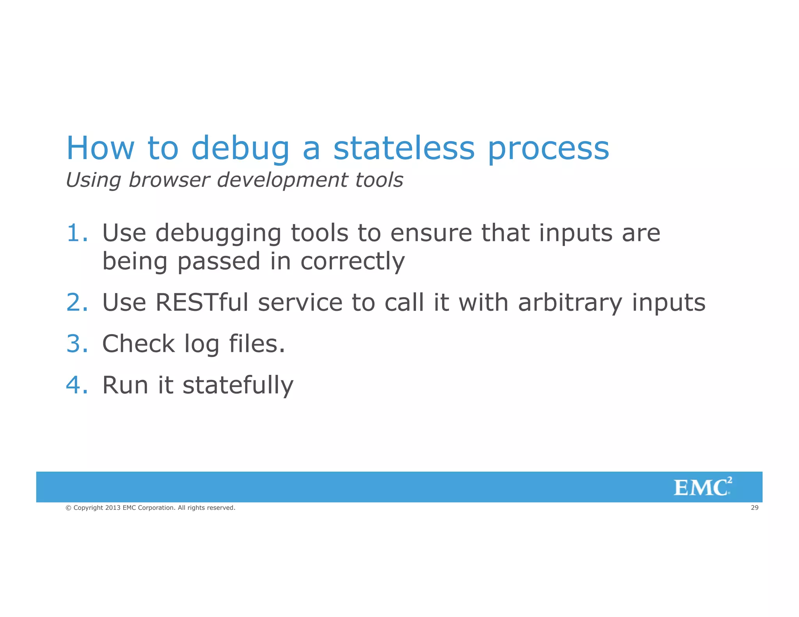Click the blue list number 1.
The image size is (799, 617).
pos(76,233)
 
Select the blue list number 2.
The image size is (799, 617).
pos(77,302)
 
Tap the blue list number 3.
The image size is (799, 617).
pos(77,344)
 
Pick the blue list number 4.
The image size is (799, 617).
pos(76,385)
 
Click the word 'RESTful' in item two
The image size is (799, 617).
pos(202,302)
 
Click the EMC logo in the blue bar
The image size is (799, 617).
pos(702,487)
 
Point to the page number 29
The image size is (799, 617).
pos(755,507)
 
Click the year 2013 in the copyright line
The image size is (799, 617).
pos(113,508)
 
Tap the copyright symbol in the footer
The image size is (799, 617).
pos(68,508)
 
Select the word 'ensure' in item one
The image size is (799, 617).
pos(431,233)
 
